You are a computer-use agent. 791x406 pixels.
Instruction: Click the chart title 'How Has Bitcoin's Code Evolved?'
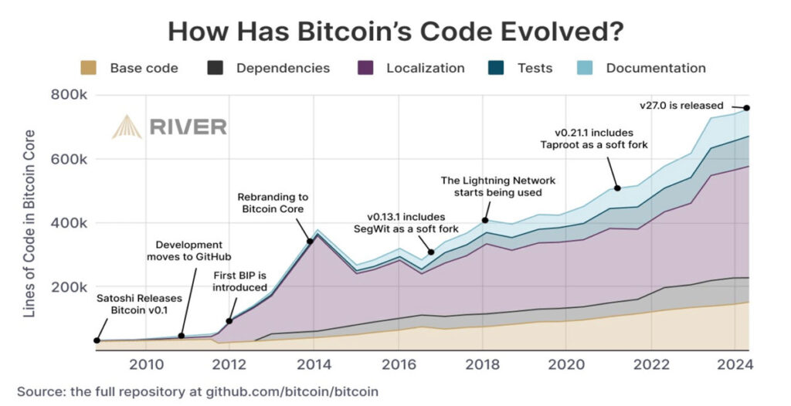click(395, 32)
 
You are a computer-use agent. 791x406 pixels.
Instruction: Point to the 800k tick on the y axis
click(72, 96)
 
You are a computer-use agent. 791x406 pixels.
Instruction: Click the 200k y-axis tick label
click(72, 287)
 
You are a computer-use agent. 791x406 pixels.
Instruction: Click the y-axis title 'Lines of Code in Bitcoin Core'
click(30, 224)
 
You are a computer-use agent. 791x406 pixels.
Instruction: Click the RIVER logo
click(169, 127)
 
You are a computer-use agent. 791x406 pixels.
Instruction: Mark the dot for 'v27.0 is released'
click(747, 108)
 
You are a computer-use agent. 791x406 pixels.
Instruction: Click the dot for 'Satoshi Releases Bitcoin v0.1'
click(97, 340)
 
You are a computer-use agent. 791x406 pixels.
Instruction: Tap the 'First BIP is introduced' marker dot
click(229, 321)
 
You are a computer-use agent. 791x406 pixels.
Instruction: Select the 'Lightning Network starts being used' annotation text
click(498, 186)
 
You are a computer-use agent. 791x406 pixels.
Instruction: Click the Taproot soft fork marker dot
click(617, 188)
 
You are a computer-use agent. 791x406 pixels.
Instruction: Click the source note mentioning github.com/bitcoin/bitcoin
click(198, 391)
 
